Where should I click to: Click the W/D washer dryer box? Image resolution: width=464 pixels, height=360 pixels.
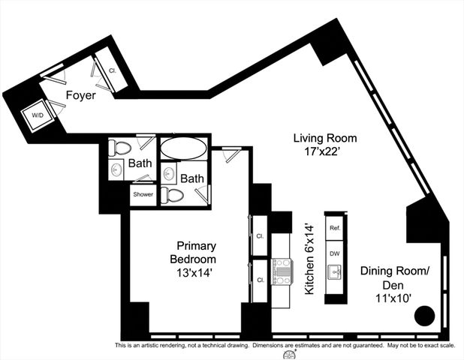click(x=36, y=116)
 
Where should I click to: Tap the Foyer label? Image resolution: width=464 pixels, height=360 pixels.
click(x=80, y=95)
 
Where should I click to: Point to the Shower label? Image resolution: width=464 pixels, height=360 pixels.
click(x=143, y=194)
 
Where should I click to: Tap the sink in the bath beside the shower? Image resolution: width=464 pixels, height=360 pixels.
click(x=117, y=170)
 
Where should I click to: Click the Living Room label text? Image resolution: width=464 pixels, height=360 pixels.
click(x=324, y=138)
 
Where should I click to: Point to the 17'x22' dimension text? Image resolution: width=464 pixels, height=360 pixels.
click(x=324, y=151)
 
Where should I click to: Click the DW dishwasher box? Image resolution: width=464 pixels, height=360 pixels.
click(x=335, y=253)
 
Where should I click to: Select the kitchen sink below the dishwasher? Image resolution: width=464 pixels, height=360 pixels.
click(x=335, y=271)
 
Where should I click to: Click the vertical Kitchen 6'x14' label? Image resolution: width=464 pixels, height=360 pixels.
click(x=309, y=258)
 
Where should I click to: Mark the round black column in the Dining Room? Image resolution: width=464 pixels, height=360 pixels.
click(x=425, y=316)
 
